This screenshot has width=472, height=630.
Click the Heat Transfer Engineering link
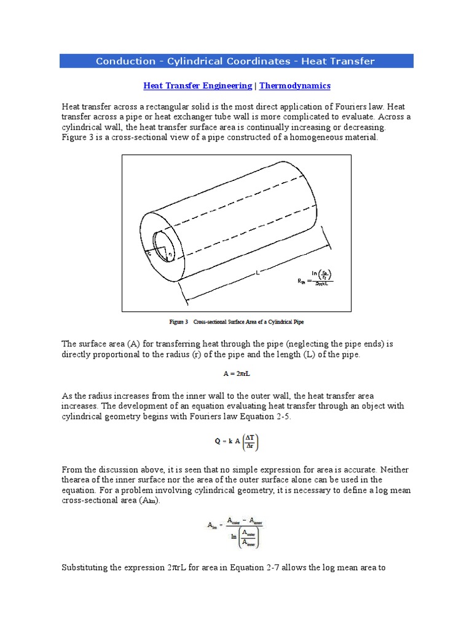coord(197,86)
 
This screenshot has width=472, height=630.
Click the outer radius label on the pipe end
coord(149,252)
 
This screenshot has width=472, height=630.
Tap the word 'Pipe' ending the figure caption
coord(297,322)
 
